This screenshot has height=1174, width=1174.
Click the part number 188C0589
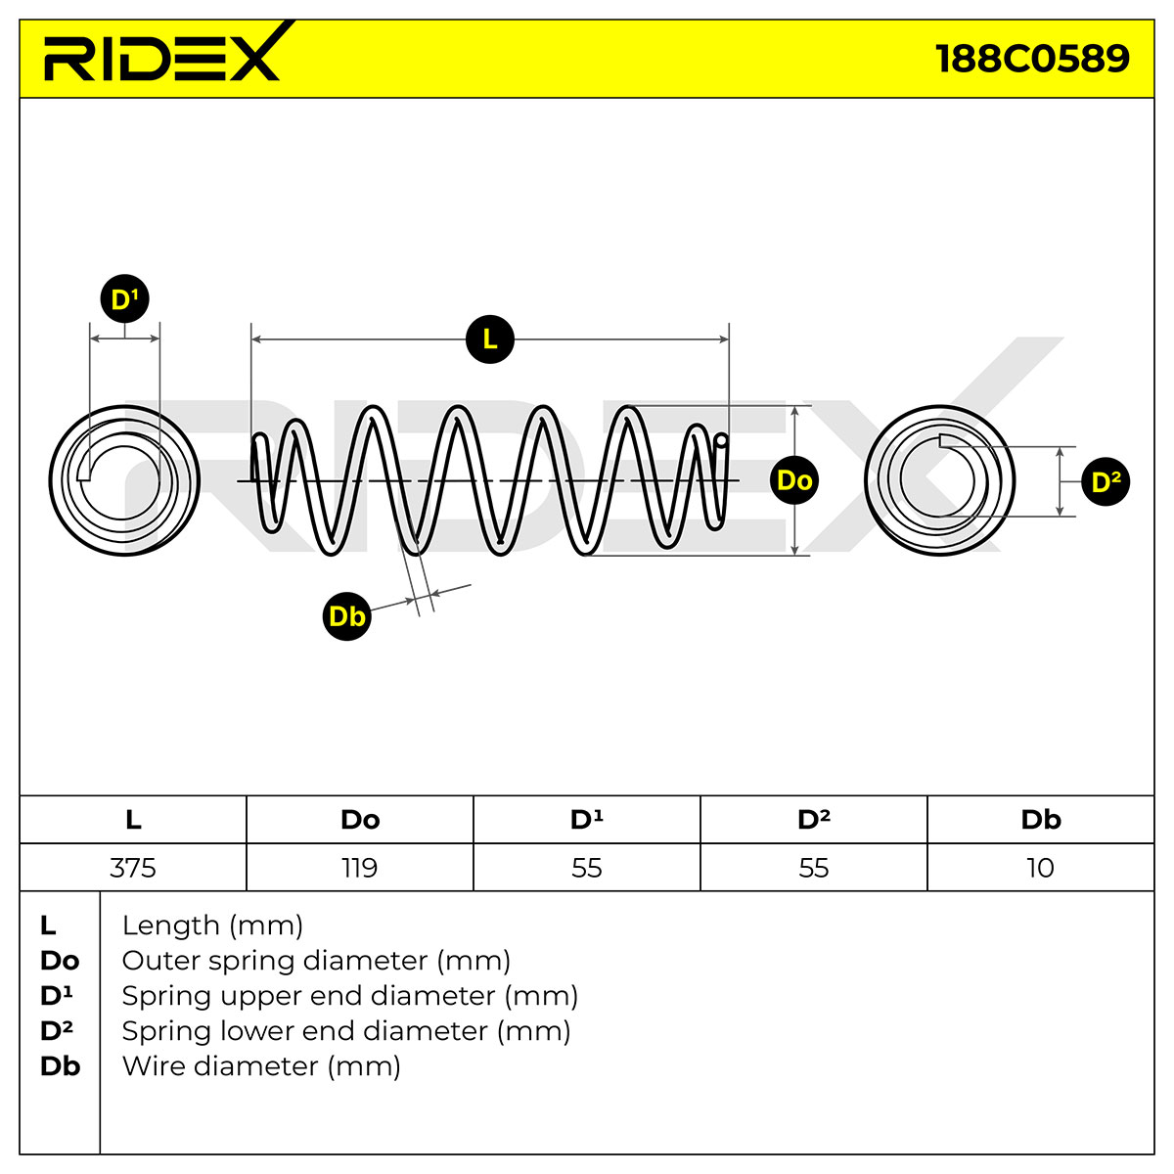click(1032, 59)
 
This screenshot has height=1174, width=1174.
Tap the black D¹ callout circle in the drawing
click(125, 298)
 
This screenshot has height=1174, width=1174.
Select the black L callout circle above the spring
click(490, 339)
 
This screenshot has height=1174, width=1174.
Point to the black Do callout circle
click(794, 480)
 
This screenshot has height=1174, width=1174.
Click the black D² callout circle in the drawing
click(1106, 482)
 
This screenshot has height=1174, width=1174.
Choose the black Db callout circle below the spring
click(346, 616)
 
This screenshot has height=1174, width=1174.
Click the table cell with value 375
click(133, 867)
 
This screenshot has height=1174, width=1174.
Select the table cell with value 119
click(360, 867)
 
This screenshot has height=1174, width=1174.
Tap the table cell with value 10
click(1041, 867)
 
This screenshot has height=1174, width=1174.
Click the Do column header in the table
click(360, 820)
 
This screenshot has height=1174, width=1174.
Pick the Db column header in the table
click(1041, 820)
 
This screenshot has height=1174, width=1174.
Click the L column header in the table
click(133, 820)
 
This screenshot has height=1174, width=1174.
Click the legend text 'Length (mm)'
click(212, 926)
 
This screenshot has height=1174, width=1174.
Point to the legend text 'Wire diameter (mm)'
click(261, 1066)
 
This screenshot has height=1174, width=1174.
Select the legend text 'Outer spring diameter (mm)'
click(316, 961)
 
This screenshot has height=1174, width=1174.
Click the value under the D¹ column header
click(587, 868)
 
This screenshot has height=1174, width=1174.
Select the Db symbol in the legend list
click(61, 1066)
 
